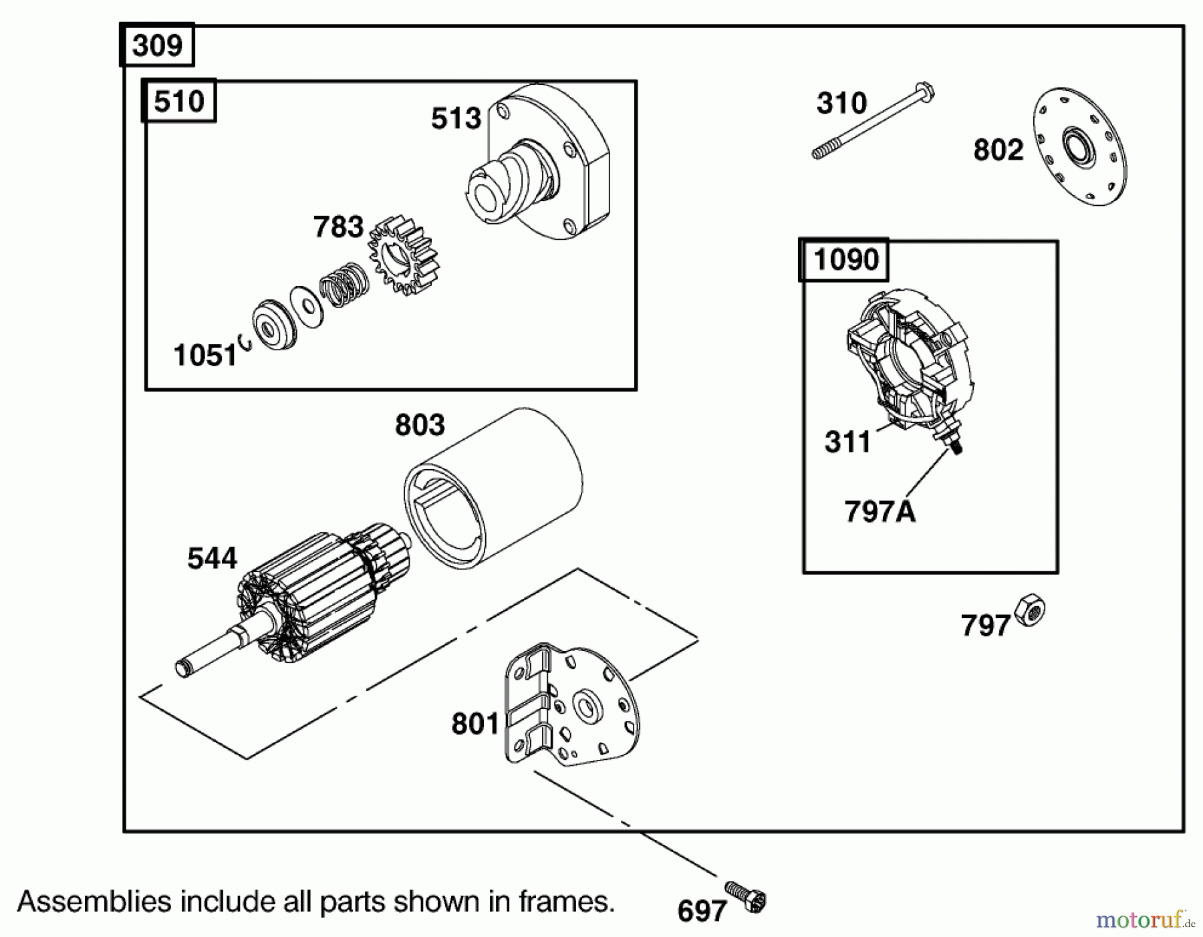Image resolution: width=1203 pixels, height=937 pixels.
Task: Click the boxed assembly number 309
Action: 157,45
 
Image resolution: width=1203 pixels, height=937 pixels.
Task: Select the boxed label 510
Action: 178,102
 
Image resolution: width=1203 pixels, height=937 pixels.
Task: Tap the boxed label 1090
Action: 845,259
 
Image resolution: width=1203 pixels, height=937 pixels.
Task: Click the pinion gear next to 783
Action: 404,255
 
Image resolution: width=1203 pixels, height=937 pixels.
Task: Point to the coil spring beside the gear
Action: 344,283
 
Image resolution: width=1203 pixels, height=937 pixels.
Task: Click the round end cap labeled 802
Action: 1079,145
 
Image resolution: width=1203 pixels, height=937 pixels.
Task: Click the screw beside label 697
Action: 747,896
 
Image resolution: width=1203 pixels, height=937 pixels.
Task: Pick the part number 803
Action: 420,425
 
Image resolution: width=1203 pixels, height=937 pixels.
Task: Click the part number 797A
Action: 880,512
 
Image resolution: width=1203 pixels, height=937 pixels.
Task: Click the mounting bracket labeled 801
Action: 571,705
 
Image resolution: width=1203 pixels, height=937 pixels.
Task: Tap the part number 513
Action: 456,119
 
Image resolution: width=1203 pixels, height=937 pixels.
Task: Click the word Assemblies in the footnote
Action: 94,902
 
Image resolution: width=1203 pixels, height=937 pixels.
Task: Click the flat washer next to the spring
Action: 306,307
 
